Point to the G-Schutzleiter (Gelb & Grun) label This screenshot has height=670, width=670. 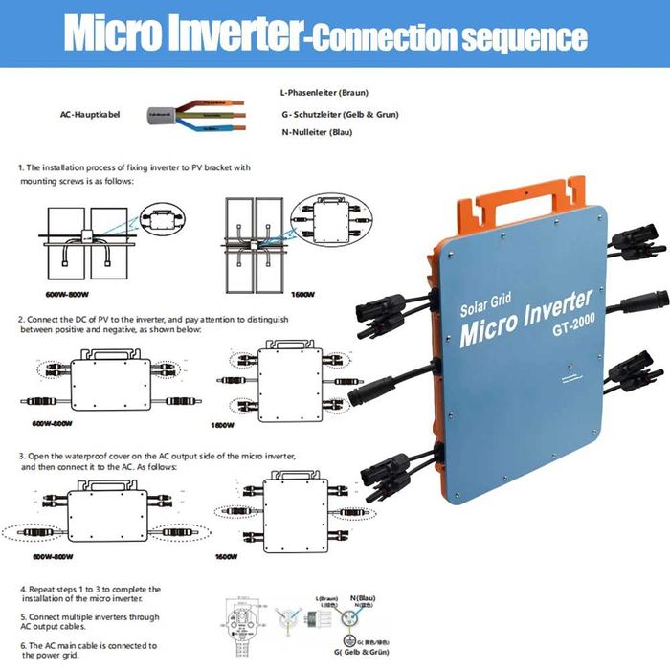tap(339, 115)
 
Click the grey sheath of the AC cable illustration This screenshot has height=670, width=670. tap(165, 113)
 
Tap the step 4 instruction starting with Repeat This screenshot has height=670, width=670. tap(90, 594)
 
